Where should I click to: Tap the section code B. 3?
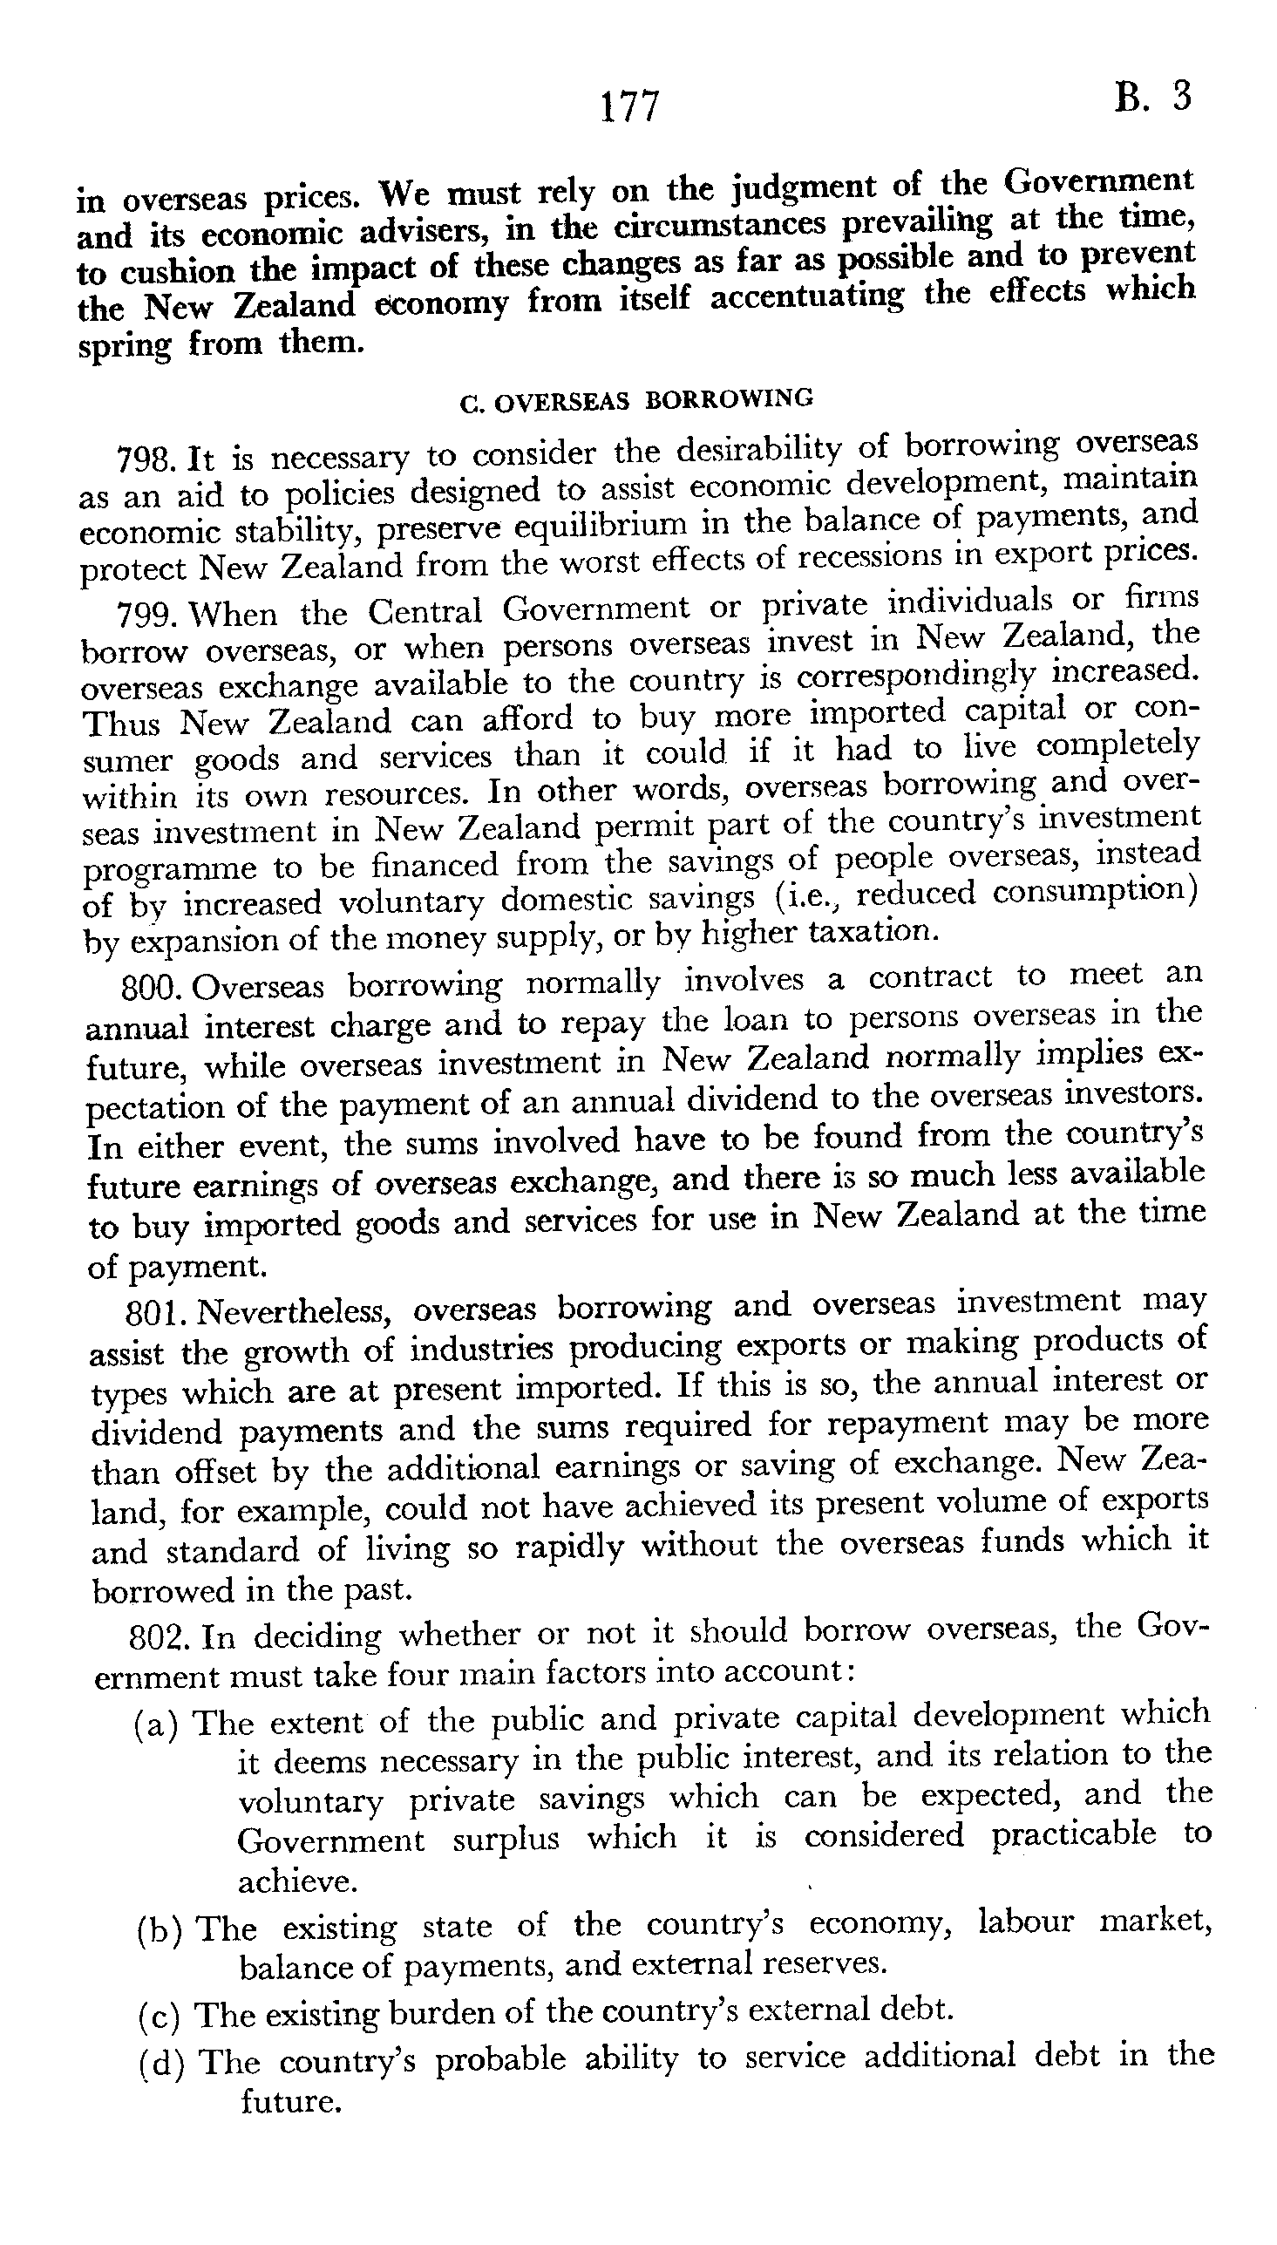[x=1153, y=97]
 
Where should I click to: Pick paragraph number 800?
[x=151, y=989]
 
